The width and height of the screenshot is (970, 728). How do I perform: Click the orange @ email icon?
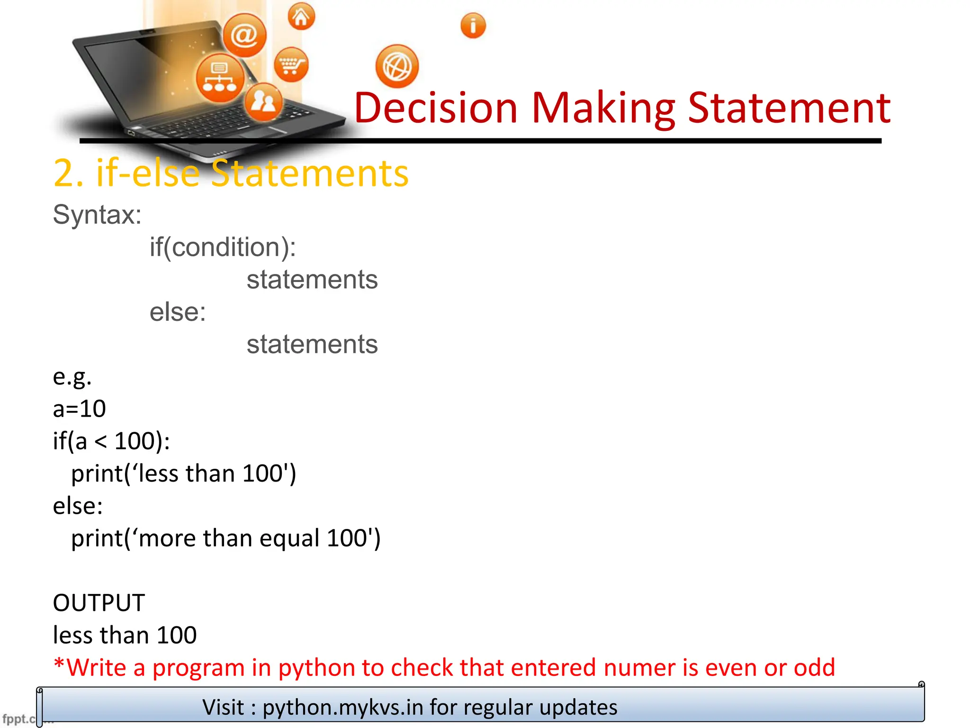pos(244,35)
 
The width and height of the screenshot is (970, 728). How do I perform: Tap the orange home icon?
pos(301,17)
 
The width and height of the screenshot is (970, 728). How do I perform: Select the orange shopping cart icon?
pos(291,64)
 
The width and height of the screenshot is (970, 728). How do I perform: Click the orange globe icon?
pos(397,66)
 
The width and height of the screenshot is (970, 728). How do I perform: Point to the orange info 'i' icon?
pos(473,26)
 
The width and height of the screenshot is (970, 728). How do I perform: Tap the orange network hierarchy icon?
pos(220,78)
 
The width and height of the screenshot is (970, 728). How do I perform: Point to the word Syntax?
pos(97,215)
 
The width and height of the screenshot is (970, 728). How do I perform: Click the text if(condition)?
pos(223,247)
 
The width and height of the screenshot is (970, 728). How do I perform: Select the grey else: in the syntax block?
pos(178,312)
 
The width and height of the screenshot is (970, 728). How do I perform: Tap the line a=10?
pos(79,409)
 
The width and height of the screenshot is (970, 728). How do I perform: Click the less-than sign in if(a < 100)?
pos(100,442)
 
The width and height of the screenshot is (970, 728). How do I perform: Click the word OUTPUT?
pos(99,603)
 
